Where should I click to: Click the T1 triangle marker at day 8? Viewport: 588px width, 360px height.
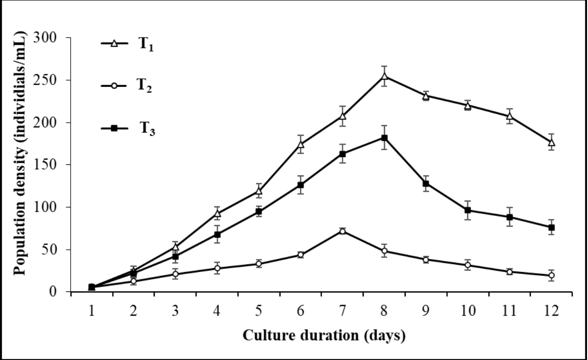384,76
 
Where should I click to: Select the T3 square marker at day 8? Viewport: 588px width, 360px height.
384,138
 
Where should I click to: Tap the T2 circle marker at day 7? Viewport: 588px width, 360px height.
343,231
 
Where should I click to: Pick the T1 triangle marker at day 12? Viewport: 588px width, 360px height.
551,143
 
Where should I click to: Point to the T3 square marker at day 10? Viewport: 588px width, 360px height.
468,210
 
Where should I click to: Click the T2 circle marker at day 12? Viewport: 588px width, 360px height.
551,275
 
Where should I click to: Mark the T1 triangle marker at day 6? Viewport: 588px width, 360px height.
301,144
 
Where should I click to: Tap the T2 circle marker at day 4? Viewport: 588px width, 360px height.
218,268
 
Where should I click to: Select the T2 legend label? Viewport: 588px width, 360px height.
145,87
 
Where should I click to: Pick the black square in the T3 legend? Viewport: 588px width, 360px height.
114,129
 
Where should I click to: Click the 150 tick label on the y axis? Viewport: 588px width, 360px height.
51,165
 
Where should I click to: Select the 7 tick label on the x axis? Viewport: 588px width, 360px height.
343,311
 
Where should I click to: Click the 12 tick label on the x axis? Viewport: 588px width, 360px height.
551,311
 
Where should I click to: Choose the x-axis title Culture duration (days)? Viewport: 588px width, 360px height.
323,335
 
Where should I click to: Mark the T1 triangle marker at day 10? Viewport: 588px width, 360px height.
468,106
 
